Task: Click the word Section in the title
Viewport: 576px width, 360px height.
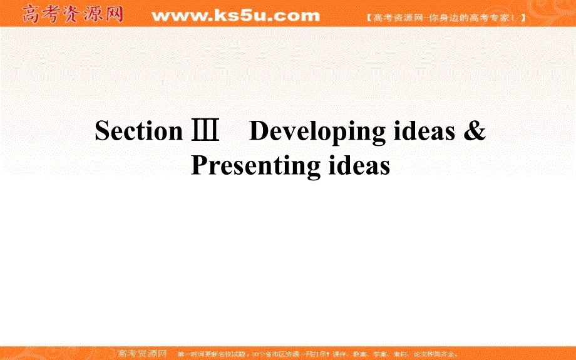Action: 138,131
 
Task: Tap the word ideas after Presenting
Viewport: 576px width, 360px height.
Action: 359,166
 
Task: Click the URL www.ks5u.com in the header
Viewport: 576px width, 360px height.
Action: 235,16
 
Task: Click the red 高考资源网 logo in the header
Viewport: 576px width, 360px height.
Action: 73,14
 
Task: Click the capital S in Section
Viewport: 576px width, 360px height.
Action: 102,131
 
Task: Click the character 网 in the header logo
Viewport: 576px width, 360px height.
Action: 113,14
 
